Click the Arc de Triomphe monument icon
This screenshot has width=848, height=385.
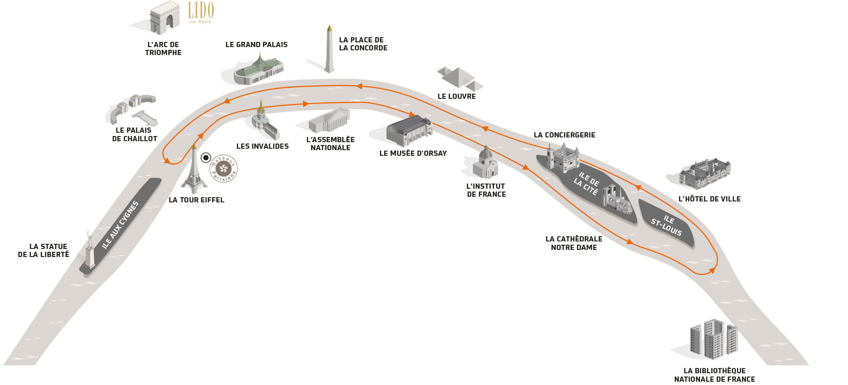click(x=164, y=18)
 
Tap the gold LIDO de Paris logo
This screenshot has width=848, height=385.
click(x=201, y=12)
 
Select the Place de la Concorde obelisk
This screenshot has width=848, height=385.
click(x=329, y=49)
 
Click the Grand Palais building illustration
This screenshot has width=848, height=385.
click(x=259, y=71)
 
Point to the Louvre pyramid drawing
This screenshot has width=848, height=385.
click(x=459, y=78)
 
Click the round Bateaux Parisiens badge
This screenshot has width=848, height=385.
click(x=223, y=168)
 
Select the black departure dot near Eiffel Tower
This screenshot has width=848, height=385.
click(x=206, y=158)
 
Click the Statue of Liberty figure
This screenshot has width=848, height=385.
click(x=90, y=249)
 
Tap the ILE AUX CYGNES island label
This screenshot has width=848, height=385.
click(x=120, y=225)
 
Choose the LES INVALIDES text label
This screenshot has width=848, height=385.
click(x=262, y=146)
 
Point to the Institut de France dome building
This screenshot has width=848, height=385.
click(x=486, y=163)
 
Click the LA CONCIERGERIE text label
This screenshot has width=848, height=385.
click(x=564, y=135)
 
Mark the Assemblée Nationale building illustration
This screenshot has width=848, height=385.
click(x=329, y=121)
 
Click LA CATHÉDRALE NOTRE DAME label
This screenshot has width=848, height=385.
click(x=574, y=243)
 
